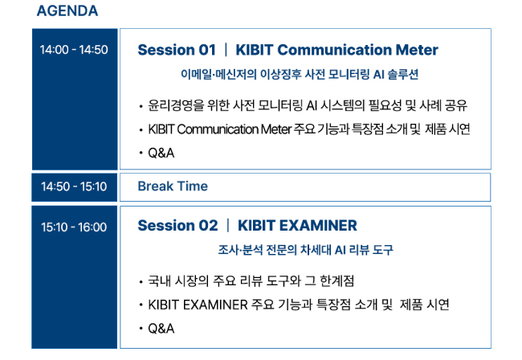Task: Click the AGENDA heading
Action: [x=67, y=11]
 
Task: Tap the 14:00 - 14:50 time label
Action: [x=74, y=50]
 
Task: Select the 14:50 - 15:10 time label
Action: [x=74, y=186]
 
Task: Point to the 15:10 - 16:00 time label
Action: [x=74, y=227]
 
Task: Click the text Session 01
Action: [x=177, y=50]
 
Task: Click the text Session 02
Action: [x=177, y=226]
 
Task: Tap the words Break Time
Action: [x=173, y=186]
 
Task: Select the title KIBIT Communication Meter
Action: [x=337, y=50]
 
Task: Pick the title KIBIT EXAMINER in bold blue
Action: [x=297, y=226]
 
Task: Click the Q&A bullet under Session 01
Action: [x=161, y=153]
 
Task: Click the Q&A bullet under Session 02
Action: [x=161, y=329]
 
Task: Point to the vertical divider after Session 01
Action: [x=226, y=50]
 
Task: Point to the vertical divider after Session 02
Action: [x=228, y=226]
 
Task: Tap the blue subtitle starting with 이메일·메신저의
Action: [x=300, y=74]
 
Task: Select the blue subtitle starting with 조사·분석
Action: [x=306, y=250]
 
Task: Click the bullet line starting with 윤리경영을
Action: [x=308, y=105]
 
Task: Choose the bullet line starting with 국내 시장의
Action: [x=251, y=281]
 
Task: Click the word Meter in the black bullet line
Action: [x=276, y=129]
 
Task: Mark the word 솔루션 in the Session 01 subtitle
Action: [x=403, y=74]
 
